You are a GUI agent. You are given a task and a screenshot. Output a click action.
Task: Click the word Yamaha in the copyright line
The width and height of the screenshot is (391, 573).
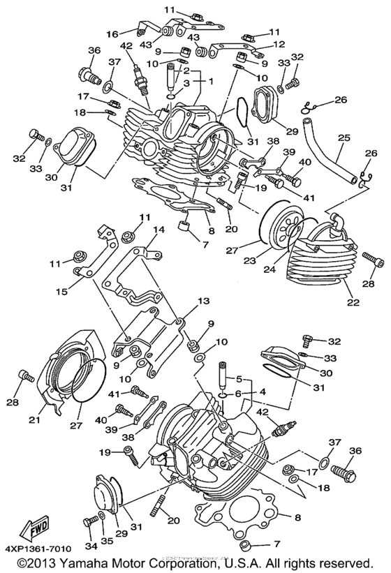[x=82, y=563]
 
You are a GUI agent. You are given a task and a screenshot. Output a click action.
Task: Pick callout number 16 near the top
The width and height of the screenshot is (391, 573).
[x=112, y=33]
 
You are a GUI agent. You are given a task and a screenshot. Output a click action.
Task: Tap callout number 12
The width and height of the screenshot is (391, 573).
[x=279, y=43]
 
